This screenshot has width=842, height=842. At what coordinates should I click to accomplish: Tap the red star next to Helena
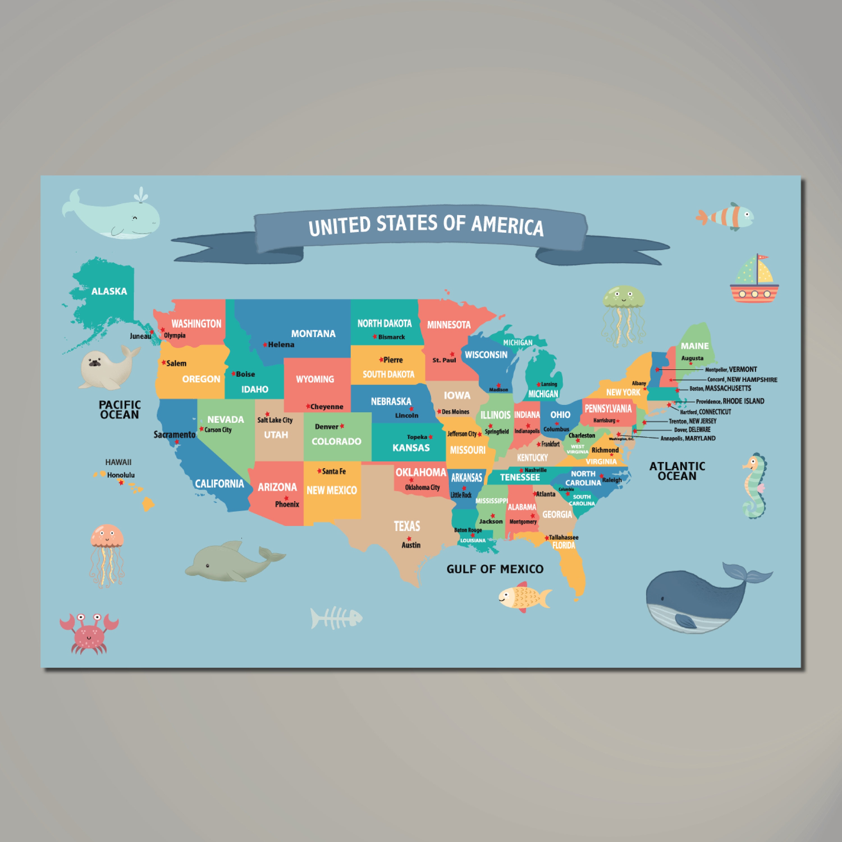click(265, 345)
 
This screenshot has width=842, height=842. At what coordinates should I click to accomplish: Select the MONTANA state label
click(313, 334)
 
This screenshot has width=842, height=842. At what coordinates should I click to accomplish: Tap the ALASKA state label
click(109, 291)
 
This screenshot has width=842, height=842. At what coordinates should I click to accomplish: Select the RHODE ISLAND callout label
click(743, 401)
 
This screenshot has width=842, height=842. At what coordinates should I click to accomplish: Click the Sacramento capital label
click(174, 434)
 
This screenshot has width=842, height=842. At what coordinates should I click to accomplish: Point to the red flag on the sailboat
click(763, 258)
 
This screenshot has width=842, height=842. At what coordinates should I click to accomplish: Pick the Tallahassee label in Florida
click(564, 537)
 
